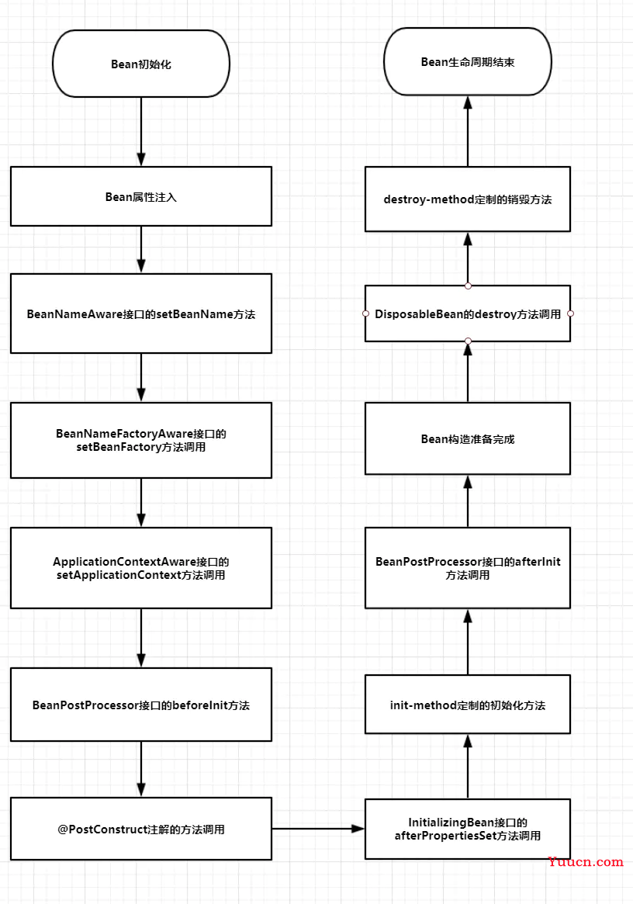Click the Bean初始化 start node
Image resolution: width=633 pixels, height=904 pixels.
coord(141,64)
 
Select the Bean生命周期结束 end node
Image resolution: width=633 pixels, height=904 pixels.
coord(468,61)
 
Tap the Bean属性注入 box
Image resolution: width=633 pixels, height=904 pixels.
coord(141,196)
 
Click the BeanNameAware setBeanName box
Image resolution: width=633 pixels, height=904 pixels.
coord(141,313)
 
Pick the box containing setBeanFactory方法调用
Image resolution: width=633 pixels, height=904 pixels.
coord(141,440)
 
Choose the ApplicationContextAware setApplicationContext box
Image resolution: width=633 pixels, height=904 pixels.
coord(141,568)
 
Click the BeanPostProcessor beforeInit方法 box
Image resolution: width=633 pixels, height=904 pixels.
coord(141,705)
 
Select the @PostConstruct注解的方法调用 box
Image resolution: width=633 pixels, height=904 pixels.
coord(141,829)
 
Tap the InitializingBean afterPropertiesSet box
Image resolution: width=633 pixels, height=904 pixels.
coord(468,829)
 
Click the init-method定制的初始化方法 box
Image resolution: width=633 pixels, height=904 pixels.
coord(468,705)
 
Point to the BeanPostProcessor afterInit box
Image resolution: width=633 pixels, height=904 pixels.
coord(468,568)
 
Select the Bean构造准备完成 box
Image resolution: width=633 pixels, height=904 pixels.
coord(468,438)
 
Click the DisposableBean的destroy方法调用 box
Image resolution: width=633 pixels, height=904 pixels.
coord(468,313)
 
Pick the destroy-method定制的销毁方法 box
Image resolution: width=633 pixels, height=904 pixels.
coord(468,199)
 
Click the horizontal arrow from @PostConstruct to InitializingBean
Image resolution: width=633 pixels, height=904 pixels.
coord(318,829)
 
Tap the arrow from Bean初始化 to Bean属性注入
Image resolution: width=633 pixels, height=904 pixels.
coord(141,132)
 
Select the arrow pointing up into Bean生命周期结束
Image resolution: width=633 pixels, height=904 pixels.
coord(468,131)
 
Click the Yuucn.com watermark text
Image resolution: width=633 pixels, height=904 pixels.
coord(585,862)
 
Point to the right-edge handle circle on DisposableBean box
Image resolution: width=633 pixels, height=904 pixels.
coord(571,313)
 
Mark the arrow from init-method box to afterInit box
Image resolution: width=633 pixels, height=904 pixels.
coord(468,642)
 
